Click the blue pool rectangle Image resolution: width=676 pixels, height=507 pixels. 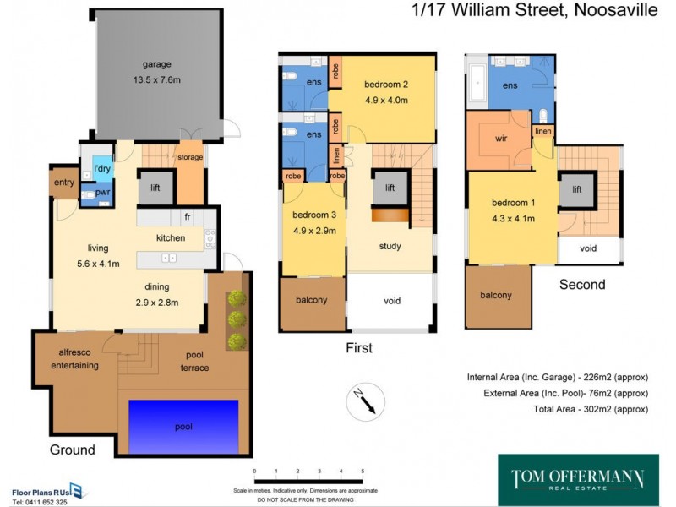(183, 425)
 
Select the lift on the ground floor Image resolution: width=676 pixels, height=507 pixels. (155, 188)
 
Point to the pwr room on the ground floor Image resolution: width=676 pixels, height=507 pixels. (102, 193)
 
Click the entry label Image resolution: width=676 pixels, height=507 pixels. (64, 183)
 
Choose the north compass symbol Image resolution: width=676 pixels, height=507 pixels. (366, 399)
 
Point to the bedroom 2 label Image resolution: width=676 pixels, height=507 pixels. (386, 84)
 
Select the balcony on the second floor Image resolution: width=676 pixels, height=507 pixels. (496, 295)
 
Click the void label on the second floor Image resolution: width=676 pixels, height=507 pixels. (588, 248)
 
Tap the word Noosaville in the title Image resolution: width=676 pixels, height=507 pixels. (602, 11)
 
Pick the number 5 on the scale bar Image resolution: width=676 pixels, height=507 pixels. (363, 471)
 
